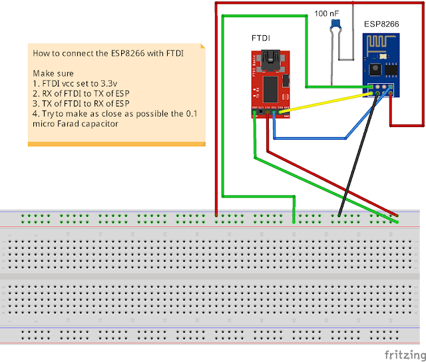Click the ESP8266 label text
(381, 24)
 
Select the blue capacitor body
(335, 25)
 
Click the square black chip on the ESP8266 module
(374, 68)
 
